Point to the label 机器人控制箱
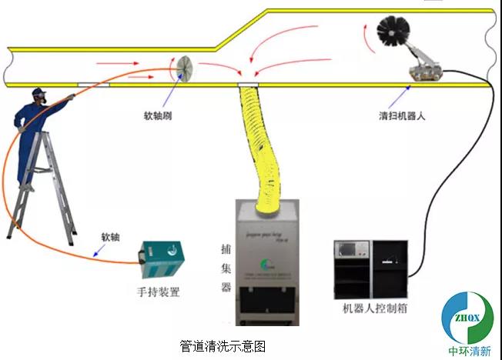point(374,308)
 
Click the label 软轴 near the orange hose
point(110,238)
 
